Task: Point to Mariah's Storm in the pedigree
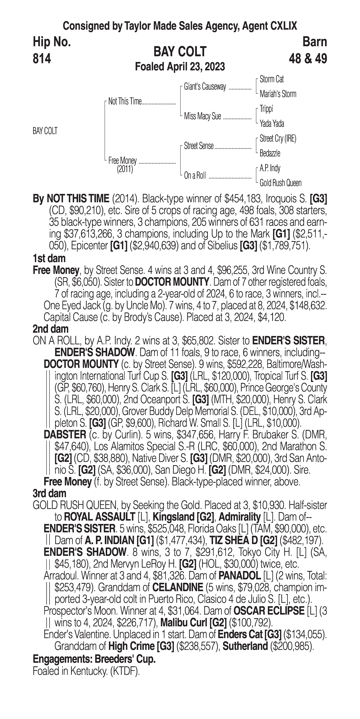point(278,94)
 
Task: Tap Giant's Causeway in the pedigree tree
point(205,87)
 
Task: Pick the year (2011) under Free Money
point(125,169)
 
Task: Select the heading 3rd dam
point(49,493)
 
